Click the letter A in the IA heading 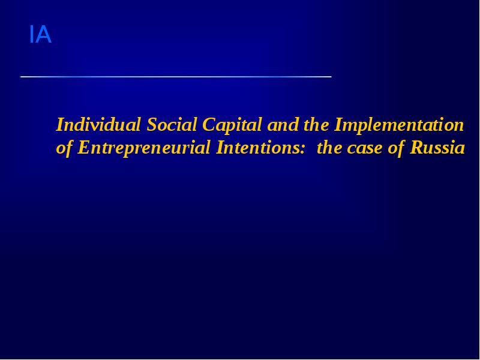44,35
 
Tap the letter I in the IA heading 32,35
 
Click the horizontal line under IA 176,77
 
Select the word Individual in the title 99,125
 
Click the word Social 172,125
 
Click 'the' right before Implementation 314,125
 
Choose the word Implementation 399,125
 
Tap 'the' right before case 329,148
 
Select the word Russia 437,148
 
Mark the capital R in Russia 416,148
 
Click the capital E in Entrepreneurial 83,148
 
